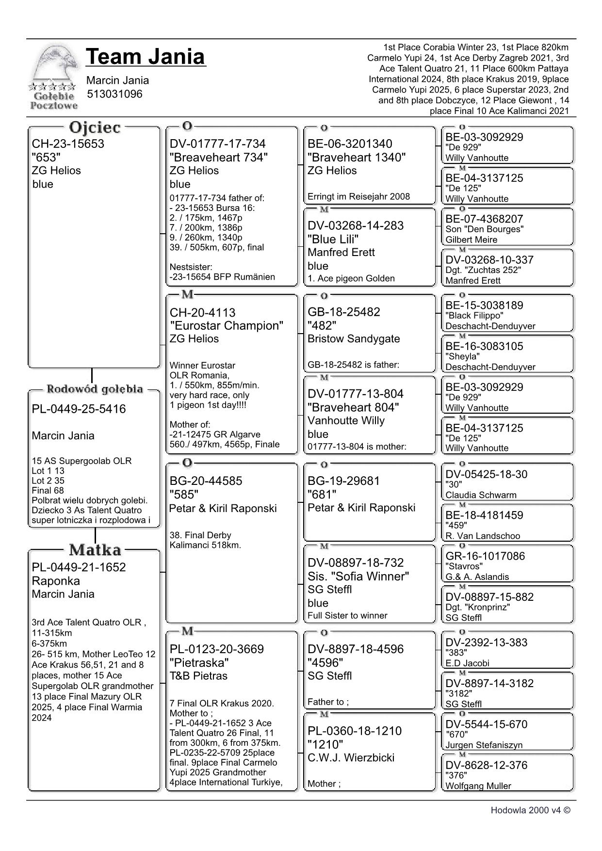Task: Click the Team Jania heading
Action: pyautogui.click(x=146, y=57)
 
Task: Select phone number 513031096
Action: pyautogui.click(x=115, y=94)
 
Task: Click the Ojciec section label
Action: pyautogui.click(x=95, y=128)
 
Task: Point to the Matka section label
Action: pyautogui.click(x=95, y=550)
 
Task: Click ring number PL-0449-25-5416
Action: pyautogui.click(x=79, y=409)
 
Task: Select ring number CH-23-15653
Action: pyautogui.click(x=68, y=144)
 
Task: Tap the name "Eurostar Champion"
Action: pyautogui.click(x=227, y=325)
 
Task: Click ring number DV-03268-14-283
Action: pyautogui.click(x=356, y=225)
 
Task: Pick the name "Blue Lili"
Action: pyautogui.click(x=333, y=239)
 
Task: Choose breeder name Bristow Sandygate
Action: pyautogui.click(x=354, y=338)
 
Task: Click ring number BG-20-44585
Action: pyautogui.click(x=206, y=481)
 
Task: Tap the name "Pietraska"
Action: pyautogui.click(x=199, y=662)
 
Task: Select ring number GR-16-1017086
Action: pyautogui.click(x=485, y=556)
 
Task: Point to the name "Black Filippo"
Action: pyautogui.click(x=474, y=316)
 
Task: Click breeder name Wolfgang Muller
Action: pyautogui.click(x=478, y=786)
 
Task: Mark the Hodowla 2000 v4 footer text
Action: pyautogui.click(x=530, y=810)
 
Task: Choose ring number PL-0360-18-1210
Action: pyautogui.click(x=355, y=731)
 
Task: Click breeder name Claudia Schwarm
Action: pyautogui.click(x=481, y=495)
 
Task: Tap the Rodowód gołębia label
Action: pyautogui.click(x=95, y=389)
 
